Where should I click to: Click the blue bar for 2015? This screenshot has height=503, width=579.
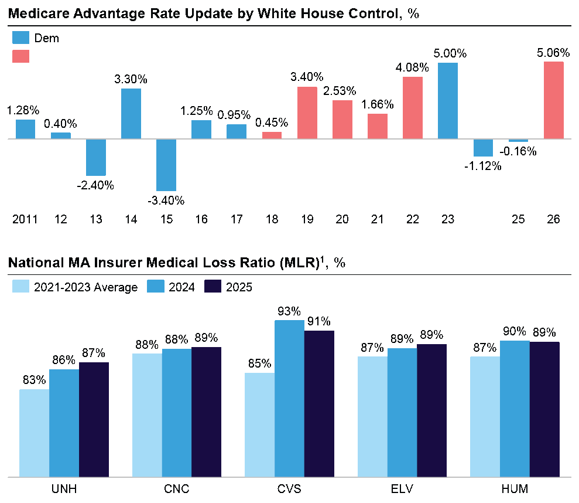click(166, 165)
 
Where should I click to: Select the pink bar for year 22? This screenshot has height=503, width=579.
click(413, 108)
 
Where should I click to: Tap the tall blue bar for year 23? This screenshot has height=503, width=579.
click(448, 101)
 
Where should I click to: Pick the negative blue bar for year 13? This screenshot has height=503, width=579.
click(96, 157)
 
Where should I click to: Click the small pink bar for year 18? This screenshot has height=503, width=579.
click(272, 135)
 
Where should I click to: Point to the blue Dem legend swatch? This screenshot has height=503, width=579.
click(20, 38)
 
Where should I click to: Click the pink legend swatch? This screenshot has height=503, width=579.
click(20, 56)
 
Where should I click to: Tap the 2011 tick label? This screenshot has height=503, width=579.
click(25, 220)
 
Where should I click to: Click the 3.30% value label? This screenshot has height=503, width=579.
click(131, 79)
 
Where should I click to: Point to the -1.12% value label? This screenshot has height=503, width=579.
click(483, 166)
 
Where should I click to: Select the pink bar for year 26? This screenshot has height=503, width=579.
click(554, 100)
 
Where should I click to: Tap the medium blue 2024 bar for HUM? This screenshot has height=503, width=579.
click(515, 409)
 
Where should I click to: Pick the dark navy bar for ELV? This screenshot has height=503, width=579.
click(432, 410)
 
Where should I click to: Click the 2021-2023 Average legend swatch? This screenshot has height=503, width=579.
click(20, 287)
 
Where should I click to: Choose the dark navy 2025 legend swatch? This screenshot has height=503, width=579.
click(212, 287)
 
